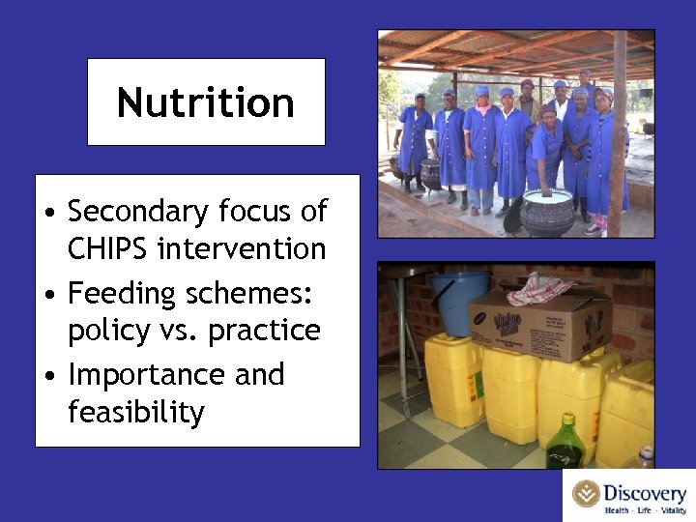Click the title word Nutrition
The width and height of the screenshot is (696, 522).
click(x=206, y=102)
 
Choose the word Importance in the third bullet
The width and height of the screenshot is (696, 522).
click(x=147, y=373)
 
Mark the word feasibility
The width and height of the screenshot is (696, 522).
click(x=136, y=413)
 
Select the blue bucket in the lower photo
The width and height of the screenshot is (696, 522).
click(x=459, y=303)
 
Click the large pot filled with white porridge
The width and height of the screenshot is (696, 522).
click(x=548, y=211)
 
